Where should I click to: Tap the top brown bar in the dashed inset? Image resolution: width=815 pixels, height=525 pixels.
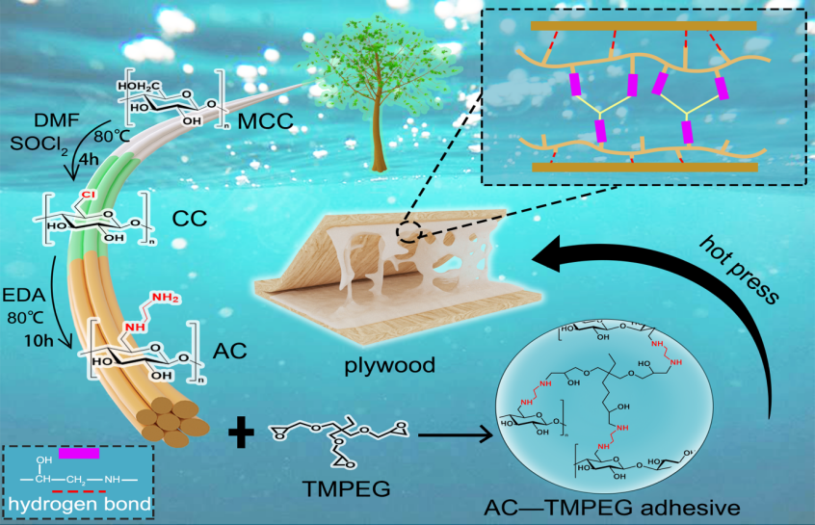tap(643, 20)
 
